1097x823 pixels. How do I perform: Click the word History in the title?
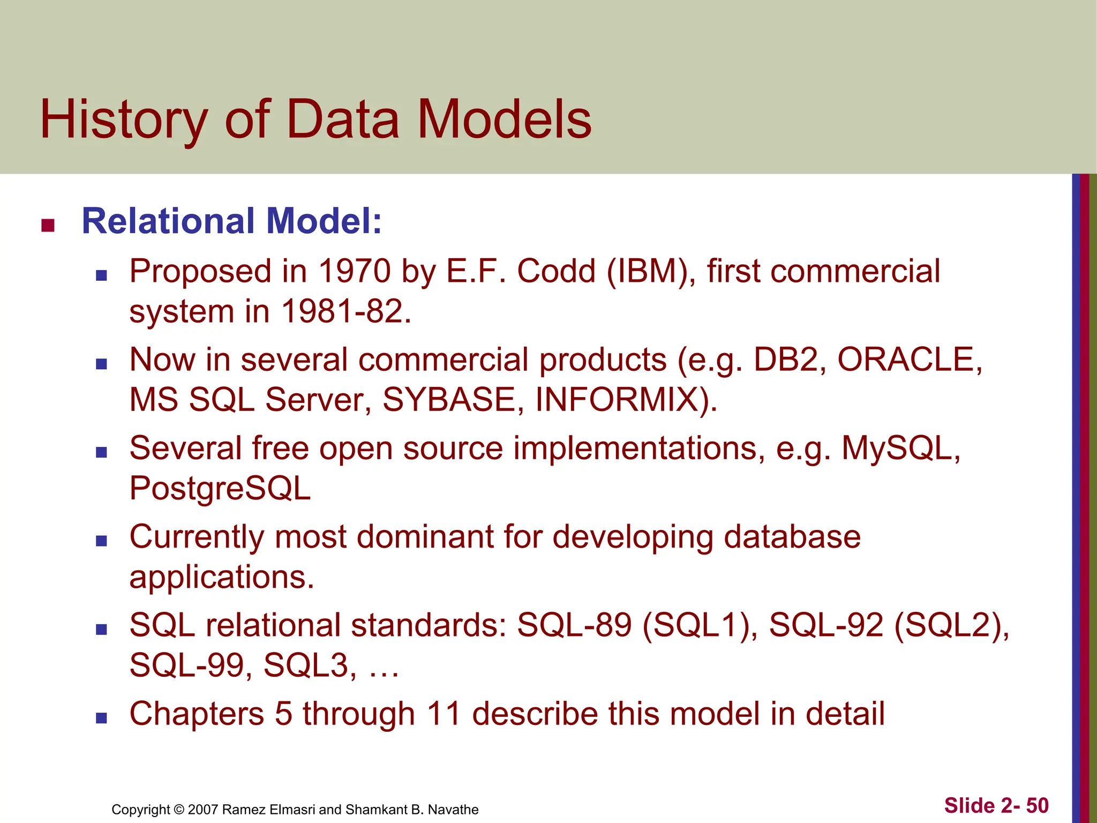pyautogui.click(x=124, y=120)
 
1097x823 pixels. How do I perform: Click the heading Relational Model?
pyautogui.click(x=231, y=221)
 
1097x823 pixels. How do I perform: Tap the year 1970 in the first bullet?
pyautogui.click(x=354, y=271)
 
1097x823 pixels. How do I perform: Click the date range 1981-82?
pyautogui.click(x=345, y=311)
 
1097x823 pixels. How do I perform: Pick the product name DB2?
pyautogui.click(x=785, y=360)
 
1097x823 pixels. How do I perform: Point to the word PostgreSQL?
pyautogui.click(x=220, y=488)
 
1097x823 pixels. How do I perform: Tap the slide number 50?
pyautogui.click(x=1037, y=806)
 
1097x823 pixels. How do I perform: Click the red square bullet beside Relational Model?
pyautogui.click(x=48, y=226)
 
